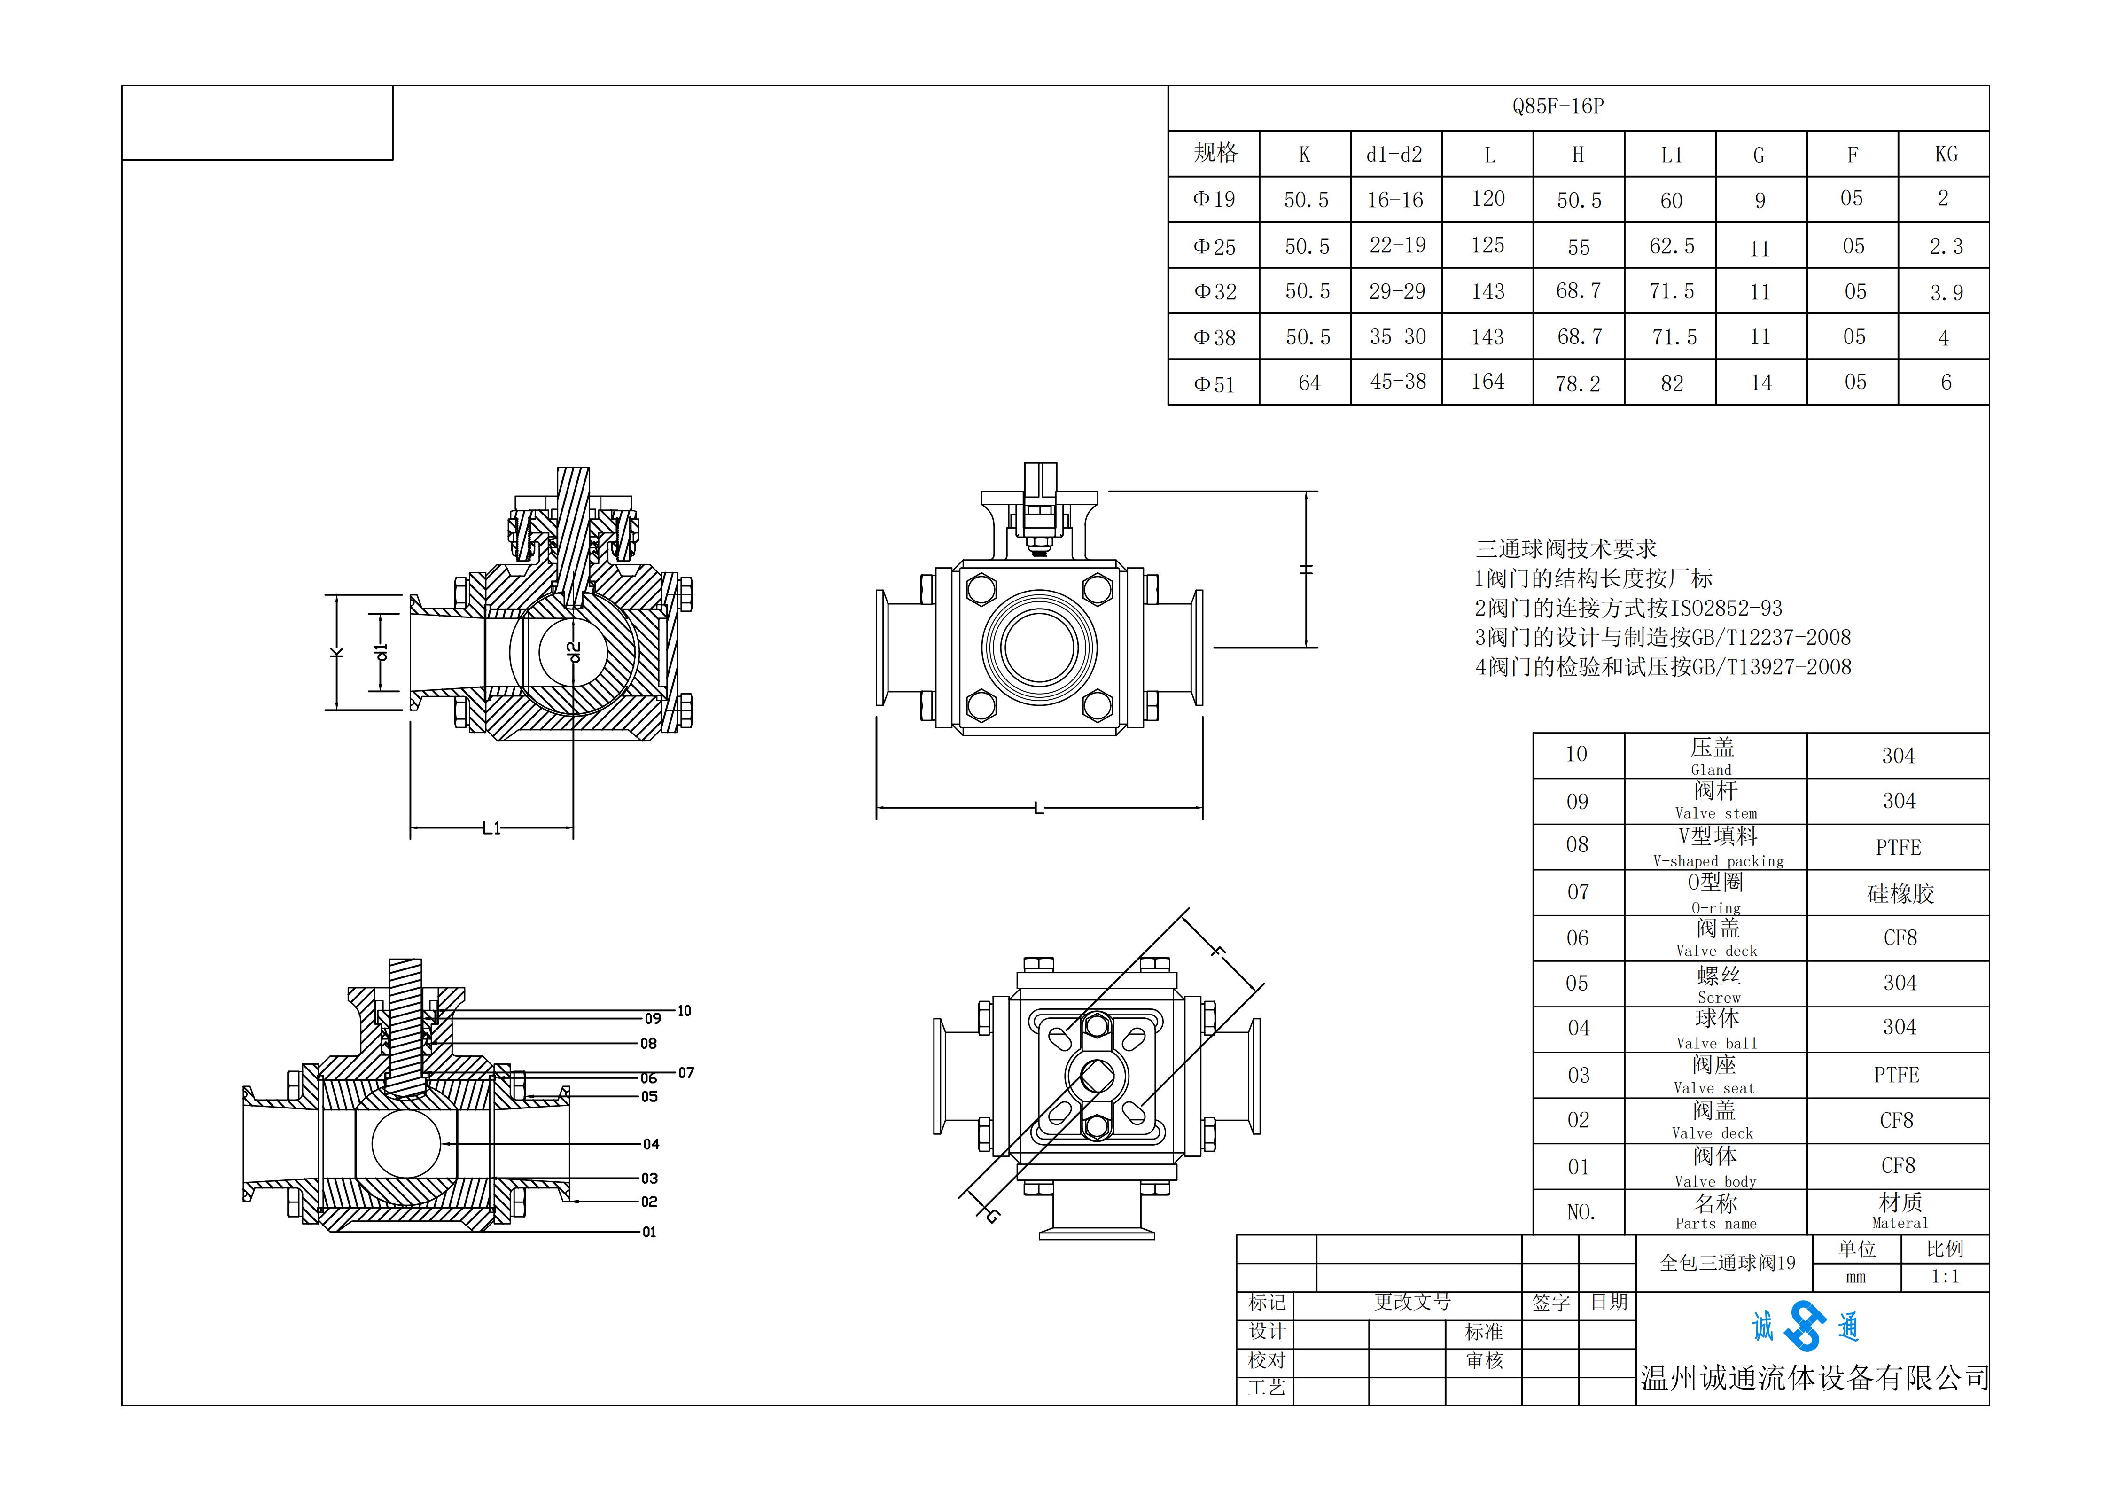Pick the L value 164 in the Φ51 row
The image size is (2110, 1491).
(1488, 382)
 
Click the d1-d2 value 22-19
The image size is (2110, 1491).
(1397, 245)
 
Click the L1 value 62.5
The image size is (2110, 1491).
(1672, 246)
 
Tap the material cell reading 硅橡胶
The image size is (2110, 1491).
(1900, 893)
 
